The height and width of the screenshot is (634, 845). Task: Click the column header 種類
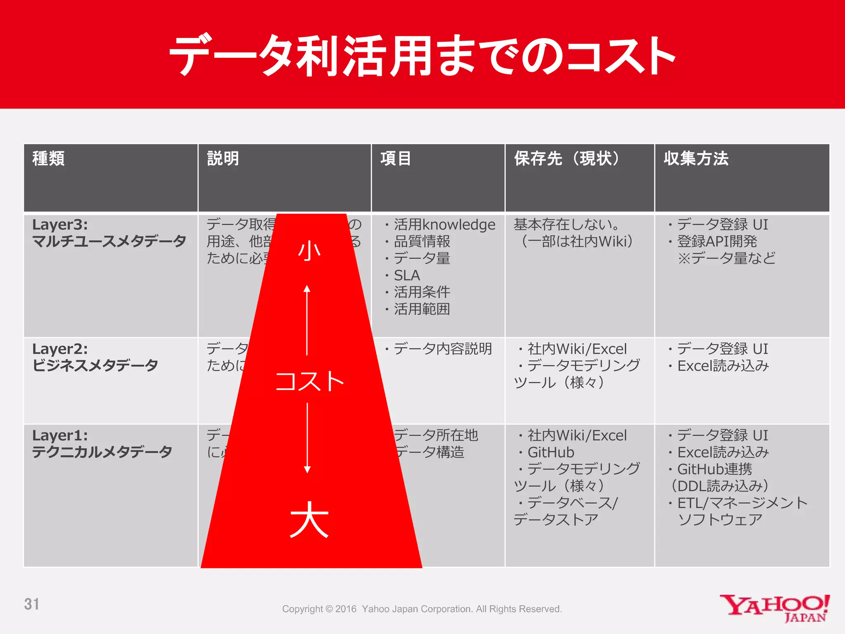[x=49, y=158]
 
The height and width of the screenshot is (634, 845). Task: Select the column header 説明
[x=223, y=158]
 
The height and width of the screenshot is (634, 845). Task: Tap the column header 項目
[x=396, y=158]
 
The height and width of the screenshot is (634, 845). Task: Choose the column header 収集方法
[x=696, y=158]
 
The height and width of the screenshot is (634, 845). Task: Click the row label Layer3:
[x=60, y=225]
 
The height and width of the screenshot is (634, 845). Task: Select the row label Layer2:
[x=60, y=349]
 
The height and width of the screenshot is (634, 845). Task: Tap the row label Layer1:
[x=60, y=435]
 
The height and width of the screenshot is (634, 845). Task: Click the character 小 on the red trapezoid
[x=309, y=251]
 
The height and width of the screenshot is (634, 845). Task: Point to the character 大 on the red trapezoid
[x=309, y=520]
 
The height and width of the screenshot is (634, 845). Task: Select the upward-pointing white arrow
[x=307, y=320]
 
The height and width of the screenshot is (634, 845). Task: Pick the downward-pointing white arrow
[x=307, y=438]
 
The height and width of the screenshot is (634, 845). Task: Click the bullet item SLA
[x=406, y=275]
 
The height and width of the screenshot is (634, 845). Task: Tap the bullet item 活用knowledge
[x=444, y=225]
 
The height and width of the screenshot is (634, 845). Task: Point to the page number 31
[x=32, y=604]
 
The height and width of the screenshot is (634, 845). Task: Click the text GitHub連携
[x=715, y=469]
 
